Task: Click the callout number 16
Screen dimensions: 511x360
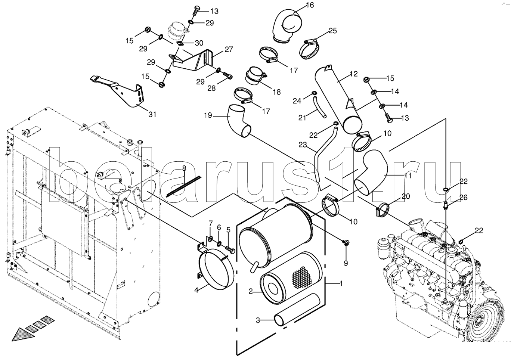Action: coord(310,5)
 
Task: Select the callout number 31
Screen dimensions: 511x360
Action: coord(152,114)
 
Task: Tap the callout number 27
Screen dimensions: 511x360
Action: coord(229,49)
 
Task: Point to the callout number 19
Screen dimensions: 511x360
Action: coord(208,115)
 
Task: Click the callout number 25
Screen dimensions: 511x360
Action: coord(333,31)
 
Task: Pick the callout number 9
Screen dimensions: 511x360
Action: coord(346,264)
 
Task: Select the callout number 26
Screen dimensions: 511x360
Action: coord(463,197)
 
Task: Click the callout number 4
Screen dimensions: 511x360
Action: coord(196,290)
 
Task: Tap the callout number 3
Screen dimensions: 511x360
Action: coord(258,320)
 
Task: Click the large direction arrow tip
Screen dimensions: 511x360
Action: coord(13,341)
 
